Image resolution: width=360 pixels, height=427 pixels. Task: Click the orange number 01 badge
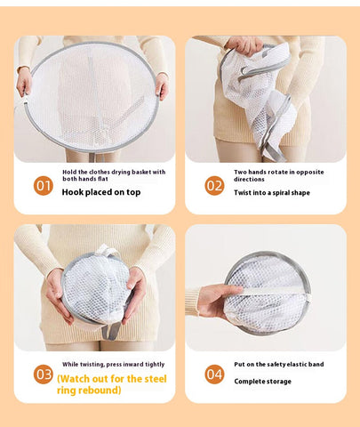click(x=44, y=186)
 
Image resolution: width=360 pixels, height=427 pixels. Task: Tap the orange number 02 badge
click(x=214, y=186)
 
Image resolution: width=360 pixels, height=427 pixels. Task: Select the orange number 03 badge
click(x=44, y=375)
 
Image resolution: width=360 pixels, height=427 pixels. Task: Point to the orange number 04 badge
click(x=214, y=375)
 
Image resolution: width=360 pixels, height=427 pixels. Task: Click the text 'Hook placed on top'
click(x=101, y=192)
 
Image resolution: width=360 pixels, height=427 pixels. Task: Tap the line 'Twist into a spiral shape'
click(x=272, y=193)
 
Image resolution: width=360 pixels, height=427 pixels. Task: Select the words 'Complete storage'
click(x=262, y=382)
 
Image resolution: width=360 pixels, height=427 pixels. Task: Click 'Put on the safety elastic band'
click(x=279, y=365)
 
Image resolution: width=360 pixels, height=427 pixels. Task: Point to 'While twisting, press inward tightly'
click(x=113, y=365)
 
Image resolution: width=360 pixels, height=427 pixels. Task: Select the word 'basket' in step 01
click(x=141, y=172)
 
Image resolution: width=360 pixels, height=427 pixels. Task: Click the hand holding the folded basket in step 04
click(x=218, y=300)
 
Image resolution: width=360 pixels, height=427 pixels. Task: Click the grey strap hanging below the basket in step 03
click(x=112, y=331)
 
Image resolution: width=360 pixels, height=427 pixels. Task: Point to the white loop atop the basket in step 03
click(x=106, y=251)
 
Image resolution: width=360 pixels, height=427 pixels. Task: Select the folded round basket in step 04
click(x=268, y=294)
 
